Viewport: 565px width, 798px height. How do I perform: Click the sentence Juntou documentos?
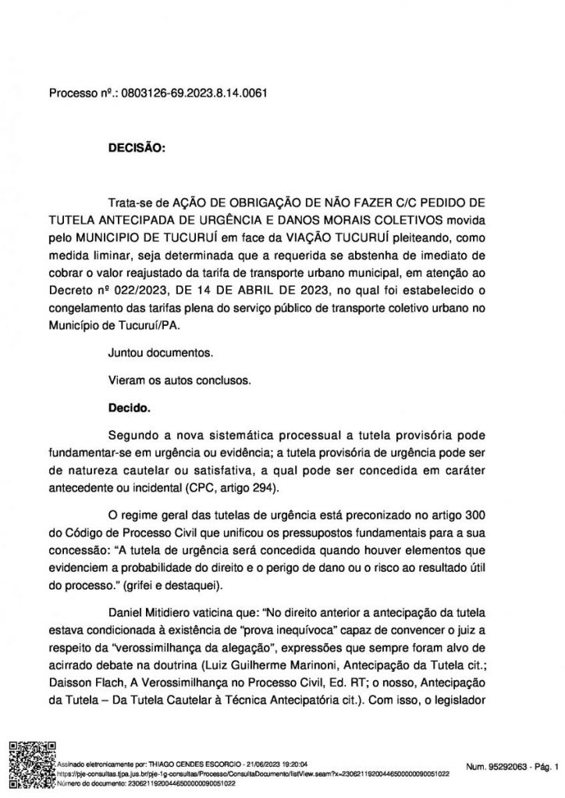pos(162,354)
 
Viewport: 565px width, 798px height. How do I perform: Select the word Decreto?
pos(71,291)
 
